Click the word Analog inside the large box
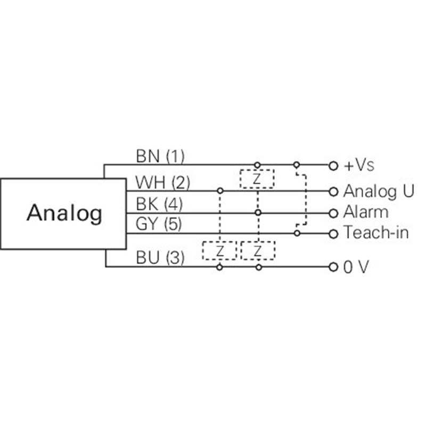pyautogui.click(x=64, y=213)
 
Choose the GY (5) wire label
pyautogui.click(x=159, y=225)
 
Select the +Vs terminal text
pyautogui.click(x=359, y=165)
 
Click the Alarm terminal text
pyautogui.click(x=366, y=212)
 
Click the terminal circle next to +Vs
pyautogui.click(x=333, y=165)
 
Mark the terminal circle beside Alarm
pyautogui.click(x=333, y=212)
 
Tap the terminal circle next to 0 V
pyautogui.click(x=333, y=266)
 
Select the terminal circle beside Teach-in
pyautogui.click(x=333, y=233)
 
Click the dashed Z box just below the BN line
pyautogui.click(x=257, y=179)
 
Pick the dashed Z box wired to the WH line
pyautogui.click(x=219, y=250)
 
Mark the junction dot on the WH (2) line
pyautogui.click(x=219, y=190)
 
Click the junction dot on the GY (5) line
pyautogui.click(x=297, y=233)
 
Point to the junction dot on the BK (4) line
pyautogui.click(x=258, y=212)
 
